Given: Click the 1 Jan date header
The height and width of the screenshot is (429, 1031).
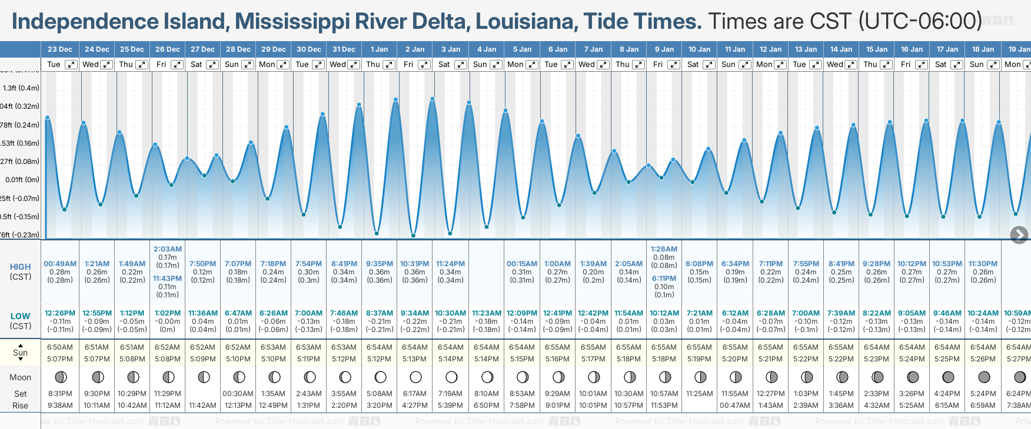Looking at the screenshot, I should pos(379,49).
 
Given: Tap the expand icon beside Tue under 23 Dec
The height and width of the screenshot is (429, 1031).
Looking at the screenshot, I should pos(71,65).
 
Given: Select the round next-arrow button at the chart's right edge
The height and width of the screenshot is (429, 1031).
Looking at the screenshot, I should pos(1019,235).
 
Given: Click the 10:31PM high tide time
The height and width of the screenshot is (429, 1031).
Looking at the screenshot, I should pos(414,264).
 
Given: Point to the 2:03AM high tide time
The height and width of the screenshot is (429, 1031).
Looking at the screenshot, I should pos(167,249).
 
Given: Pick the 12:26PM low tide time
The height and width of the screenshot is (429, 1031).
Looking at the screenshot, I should pos(60,313).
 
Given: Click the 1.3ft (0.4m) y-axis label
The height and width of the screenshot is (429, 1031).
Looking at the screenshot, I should pos(21,88).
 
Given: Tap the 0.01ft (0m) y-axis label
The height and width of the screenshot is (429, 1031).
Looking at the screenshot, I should pos(22,180).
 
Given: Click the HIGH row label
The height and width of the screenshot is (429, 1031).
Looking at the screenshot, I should pos(20,267).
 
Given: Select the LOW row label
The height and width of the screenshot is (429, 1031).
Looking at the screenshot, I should pos(20,316).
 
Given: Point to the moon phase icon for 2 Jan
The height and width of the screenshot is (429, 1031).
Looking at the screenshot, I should pos(415,377).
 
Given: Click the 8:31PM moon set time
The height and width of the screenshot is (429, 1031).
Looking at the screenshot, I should pos(60,394).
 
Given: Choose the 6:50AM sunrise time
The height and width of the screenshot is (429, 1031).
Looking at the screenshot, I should pos(60,347).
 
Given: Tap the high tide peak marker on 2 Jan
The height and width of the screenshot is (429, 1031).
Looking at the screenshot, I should pos(433,99).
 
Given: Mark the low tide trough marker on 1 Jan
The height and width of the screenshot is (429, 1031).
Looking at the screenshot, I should pos(377,233).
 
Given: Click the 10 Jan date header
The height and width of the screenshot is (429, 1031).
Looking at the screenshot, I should pos(700,49).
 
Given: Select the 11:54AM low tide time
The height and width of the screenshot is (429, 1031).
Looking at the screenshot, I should pos(628,313).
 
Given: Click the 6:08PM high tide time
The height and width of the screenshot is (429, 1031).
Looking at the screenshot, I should pos(699,264).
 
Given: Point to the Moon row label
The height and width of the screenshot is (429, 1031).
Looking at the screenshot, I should pos(20,377).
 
